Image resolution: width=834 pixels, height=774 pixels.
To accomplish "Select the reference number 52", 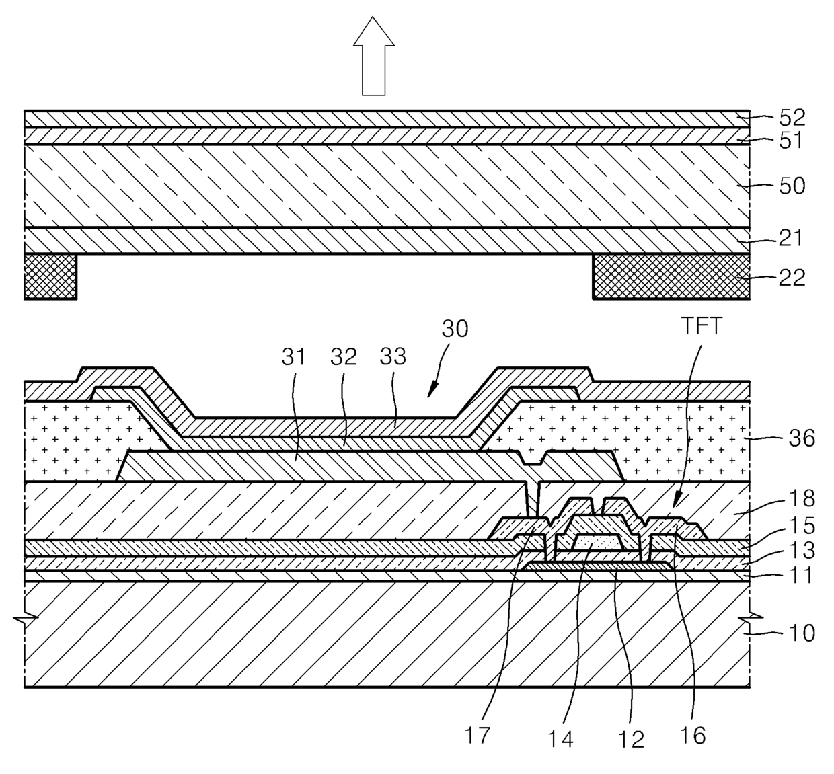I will tap(792, 118).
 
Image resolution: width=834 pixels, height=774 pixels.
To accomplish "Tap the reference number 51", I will tap(792, 141).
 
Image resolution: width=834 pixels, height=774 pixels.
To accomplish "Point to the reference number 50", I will tap(792, 186).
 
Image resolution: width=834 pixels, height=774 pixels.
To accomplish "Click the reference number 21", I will tap(792, 237).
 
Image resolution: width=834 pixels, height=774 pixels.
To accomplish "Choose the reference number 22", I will tap(792, 277).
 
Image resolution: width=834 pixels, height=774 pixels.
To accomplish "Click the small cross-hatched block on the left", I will tap(50, 276).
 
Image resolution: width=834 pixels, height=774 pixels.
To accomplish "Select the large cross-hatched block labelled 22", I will tap(671, 276).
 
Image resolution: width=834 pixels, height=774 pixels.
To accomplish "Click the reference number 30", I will tap(455, 329).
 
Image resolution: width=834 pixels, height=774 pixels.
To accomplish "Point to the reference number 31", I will tap(294, 357).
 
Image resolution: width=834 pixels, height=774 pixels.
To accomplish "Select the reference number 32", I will tap(343, 357).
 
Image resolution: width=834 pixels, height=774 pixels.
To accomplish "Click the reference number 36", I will tap(800, 438).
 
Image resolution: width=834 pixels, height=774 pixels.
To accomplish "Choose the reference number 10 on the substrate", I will tap(800, 633).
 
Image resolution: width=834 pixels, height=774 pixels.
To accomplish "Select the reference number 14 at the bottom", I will tap(560, 738).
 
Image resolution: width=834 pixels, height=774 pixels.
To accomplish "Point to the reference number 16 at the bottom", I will tap(693, 735).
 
